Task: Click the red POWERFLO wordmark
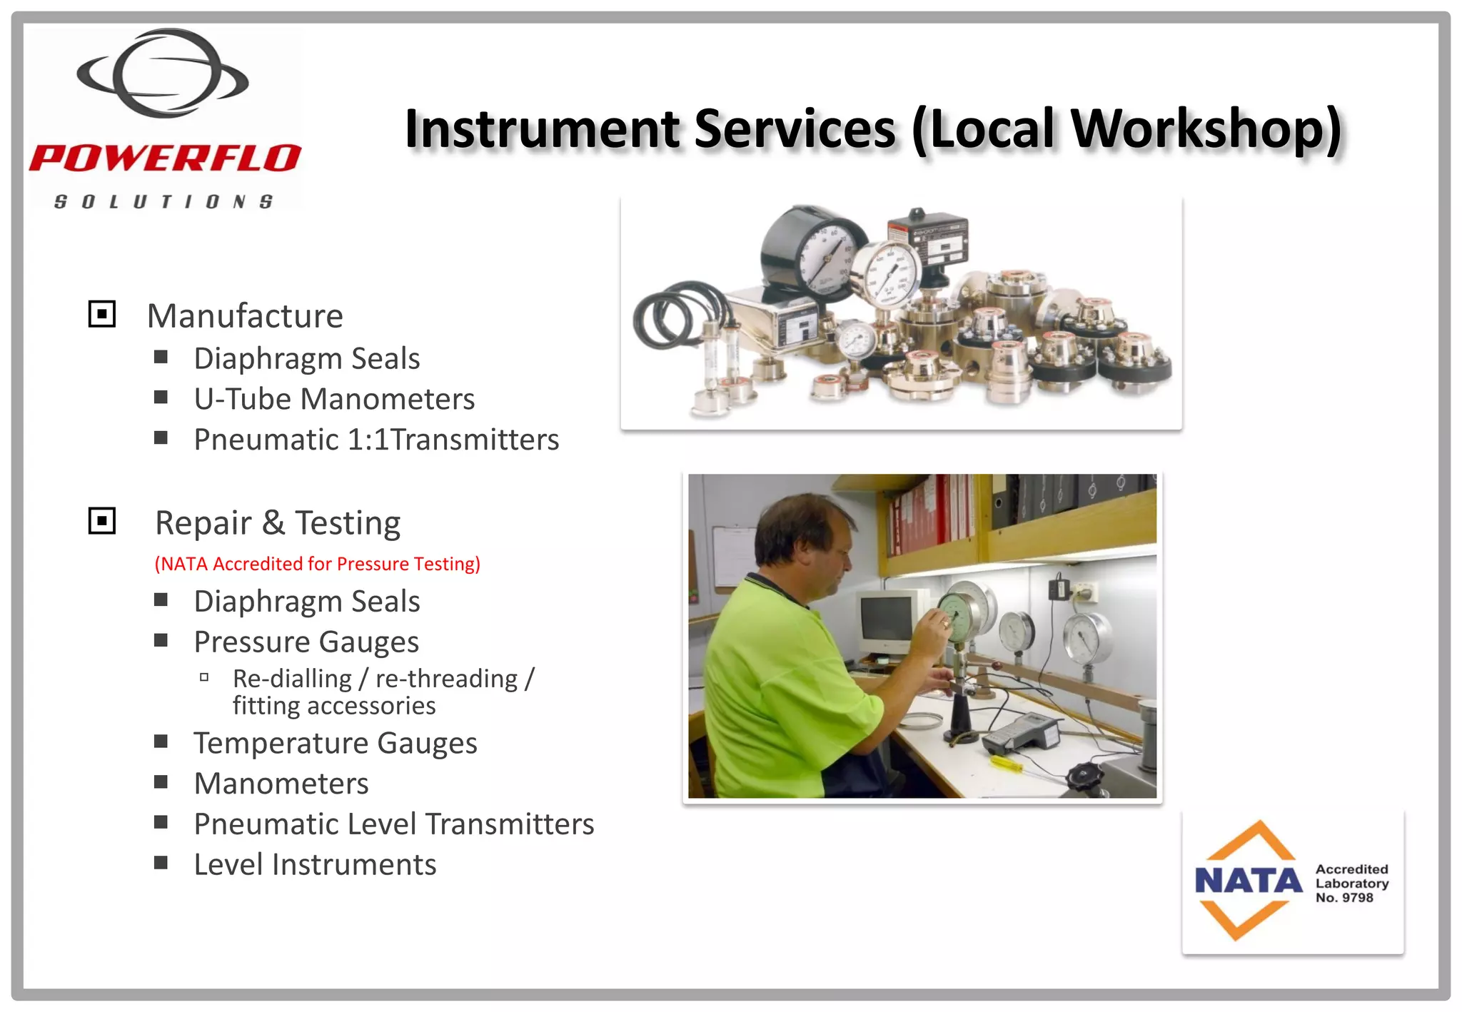point(165,158)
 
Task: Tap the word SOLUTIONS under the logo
point(163,202)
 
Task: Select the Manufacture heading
point(245,316)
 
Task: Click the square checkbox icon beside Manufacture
point(102,314)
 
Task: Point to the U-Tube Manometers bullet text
point(334,399)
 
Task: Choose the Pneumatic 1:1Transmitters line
point(376,440)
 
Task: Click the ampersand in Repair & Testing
point(273,522)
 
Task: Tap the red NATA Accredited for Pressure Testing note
point(318,564)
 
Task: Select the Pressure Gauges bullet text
point(306,642)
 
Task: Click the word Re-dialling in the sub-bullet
point(292,679)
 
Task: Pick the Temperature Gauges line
point(336,744)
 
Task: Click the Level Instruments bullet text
point(315,865)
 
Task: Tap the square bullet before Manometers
point(161,782)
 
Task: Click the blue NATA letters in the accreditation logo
point(1249,881)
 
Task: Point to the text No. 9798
point(1344,898)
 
